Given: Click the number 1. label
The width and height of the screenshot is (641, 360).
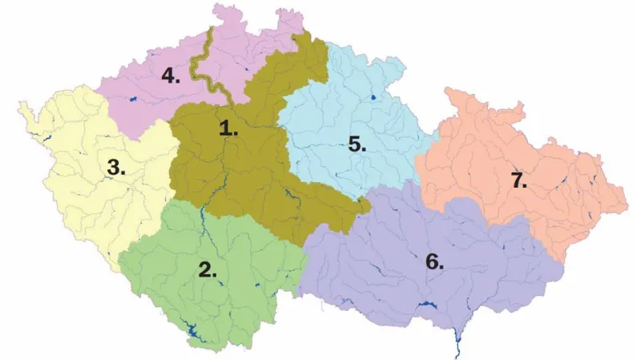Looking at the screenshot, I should click(x=229, y=127).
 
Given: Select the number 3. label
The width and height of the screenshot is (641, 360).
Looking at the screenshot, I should click(x=117, y=168).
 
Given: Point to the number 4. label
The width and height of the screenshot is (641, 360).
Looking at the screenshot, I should click(x=171, y=75).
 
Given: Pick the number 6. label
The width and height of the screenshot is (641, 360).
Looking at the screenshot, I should click(x=434, y=261).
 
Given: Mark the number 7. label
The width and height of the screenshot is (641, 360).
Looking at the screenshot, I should click(x=520, y=180).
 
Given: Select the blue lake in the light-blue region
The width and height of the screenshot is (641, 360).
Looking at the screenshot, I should click(x=373, y=98).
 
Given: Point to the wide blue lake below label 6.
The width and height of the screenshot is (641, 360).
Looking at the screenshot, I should click(x=425, y=305).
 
